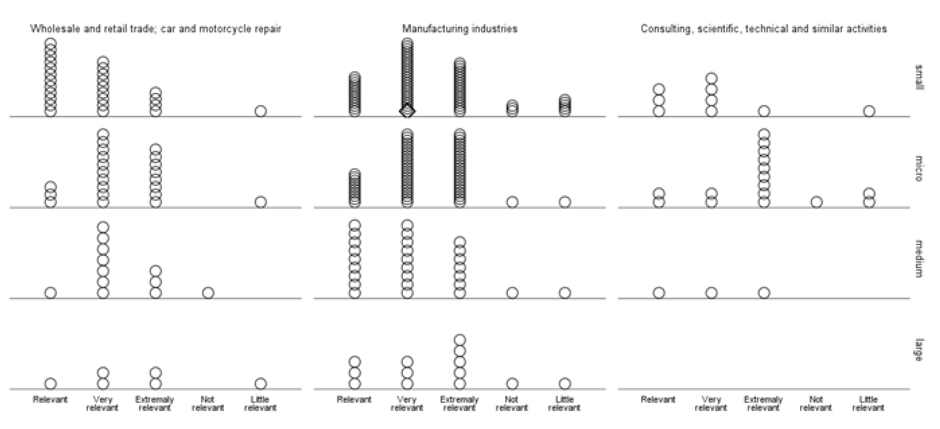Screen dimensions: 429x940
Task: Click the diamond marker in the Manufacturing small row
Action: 407,111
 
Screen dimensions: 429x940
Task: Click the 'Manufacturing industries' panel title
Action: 460,28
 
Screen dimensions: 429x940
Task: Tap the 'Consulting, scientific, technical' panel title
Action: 764,28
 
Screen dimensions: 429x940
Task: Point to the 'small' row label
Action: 919,77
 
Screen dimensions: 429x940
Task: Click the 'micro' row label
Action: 919,168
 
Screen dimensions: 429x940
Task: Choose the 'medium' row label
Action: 919,259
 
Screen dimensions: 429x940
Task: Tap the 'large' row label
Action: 919,350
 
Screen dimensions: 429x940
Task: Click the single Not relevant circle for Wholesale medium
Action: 208,293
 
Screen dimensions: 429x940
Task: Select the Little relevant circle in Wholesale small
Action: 260,111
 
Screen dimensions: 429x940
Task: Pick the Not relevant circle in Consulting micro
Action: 817,202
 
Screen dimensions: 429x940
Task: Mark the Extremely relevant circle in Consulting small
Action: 764,111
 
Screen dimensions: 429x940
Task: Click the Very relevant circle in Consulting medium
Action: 712,293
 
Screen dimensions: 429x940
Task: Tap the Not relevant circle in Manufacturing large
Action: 512,384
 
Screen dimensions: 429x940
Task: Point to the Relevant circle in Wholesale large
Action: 51,384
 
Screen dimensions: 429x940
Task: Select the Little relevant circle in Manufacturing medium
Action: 565,293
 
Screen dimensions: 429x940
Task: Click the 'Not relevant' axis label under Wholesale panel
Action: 208,404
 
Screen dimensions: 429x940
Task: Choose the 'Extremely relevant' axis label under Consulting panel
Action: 763,404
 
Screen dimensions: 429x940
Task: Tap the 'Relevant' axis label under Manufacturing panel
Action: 354,399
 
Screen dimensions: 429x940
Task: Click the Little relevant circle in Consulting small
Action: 869,111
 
